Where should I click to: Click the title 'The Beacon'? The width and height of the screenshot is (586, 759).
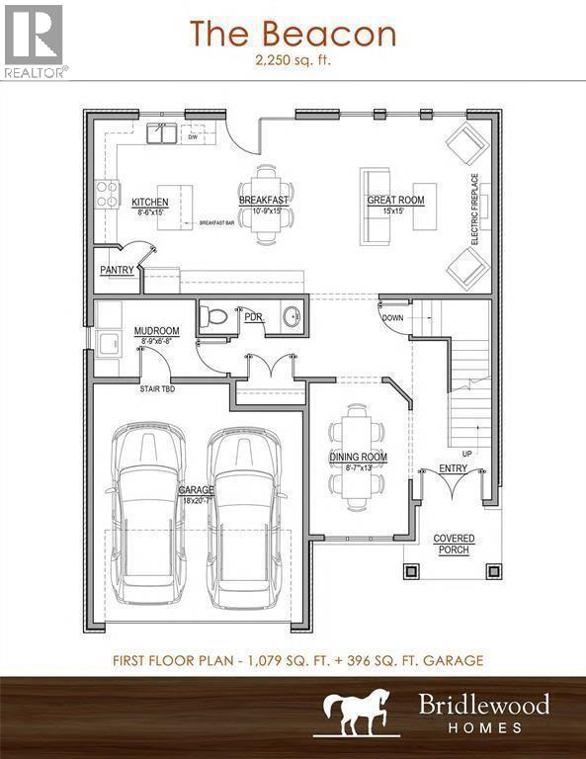click(293, 34)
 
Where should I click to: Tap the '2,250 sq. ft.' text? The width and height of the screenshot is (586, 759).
click(293, 60)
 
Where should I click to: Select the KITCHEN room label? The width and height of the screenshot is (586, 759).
click(150, 203)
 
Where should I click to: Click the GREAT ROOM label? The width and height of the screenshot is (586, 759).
click(395, 201)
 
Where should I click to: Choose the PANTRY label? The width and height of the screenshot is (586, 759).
click(117, 270)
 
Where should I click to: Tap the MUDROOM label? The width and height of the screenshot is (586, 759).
click(156, 331)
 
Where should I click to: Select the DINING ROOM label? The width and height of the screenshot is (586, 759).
click(358, 457)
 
